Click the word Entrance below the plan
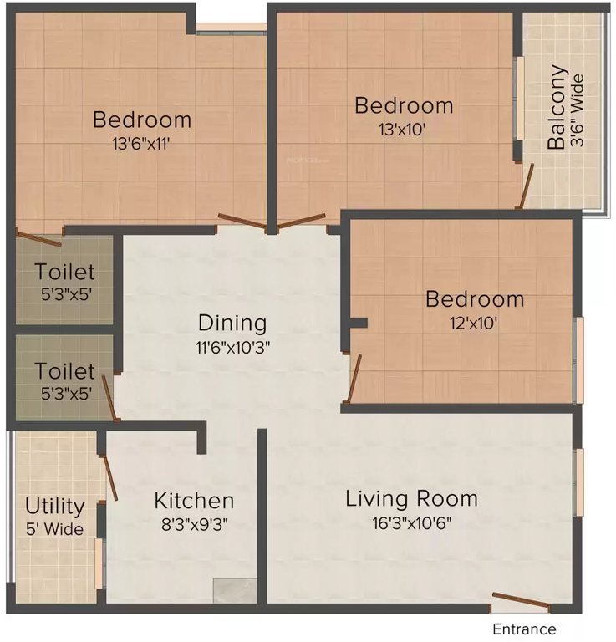[x=523, y=629]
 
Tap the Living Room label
[x=412, y=499]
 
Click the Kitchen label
[x=194, y=501]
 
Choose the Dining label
[x=232, y=323]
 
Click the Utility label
[x=54, y=507]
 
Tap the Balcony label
[x=557, y=109]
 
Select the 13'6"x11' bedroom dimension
[x=141, y=143]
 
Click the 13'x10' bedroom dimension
[x=404, y=130]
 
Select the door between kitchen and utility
[x=109, y=478]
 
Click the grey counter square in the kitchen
[x=234, y=590]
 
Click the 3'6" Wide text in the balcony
[x=577, y=109]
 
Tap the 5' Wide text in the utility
[x=54, y=529]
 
